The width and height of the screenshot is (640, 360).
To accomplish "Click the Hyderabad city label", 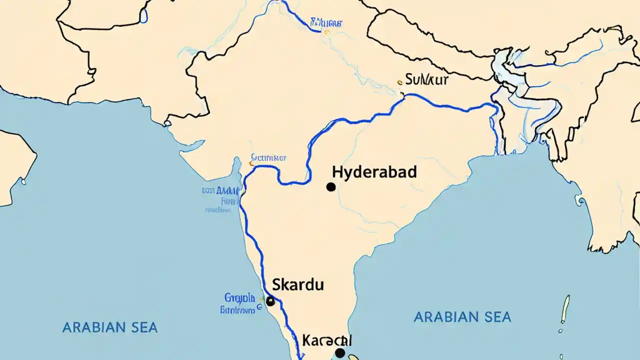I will (374, 172).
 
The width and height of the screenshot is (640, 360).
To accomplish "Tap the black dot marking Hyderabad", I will (330, 187).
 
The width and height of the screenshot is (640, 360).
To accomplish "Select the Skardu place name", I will (298, 285).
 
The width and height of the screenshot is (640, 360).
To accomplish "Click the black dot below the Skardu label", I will (270, 301).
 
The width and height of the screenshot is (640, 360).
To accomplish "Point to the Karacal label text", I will (327, 341).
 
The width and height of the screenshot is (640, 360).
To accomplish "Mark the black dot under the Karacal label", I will (340, 353).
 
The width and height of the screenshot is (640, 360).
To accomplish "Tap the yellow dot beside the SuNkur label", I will (399, 82).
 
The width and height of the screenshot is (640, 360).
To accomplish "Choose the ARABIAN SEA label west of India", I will (110, 328).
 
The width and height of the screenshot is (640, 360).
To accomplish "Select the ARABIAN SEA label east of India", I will (462, 316).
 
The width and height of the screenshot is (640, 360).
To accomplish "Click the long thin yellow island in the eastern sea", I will (565, 309).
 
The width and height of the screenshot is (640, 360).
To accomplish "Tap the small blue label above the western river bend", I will (269, 158).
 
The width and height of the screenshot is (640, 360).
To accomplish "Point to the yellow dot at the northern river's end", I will (326, 32).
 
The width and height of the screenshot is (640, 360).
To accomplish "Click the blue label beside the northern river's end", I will (326, 22).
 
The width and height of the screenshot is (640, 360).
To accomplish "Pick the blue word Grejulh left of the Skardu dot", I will (239, 298).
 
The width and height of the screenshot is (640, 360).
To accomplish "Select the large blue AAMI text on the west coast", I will (228, 190).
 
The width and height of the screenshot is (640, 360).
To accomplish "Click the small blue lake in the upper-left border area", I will (144, 16).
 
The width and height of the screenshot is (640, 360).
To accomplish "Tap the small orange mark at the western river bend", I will (250, 163).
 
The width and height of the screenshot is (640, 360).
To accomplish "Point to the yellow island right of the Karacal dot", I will (353, 357).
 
